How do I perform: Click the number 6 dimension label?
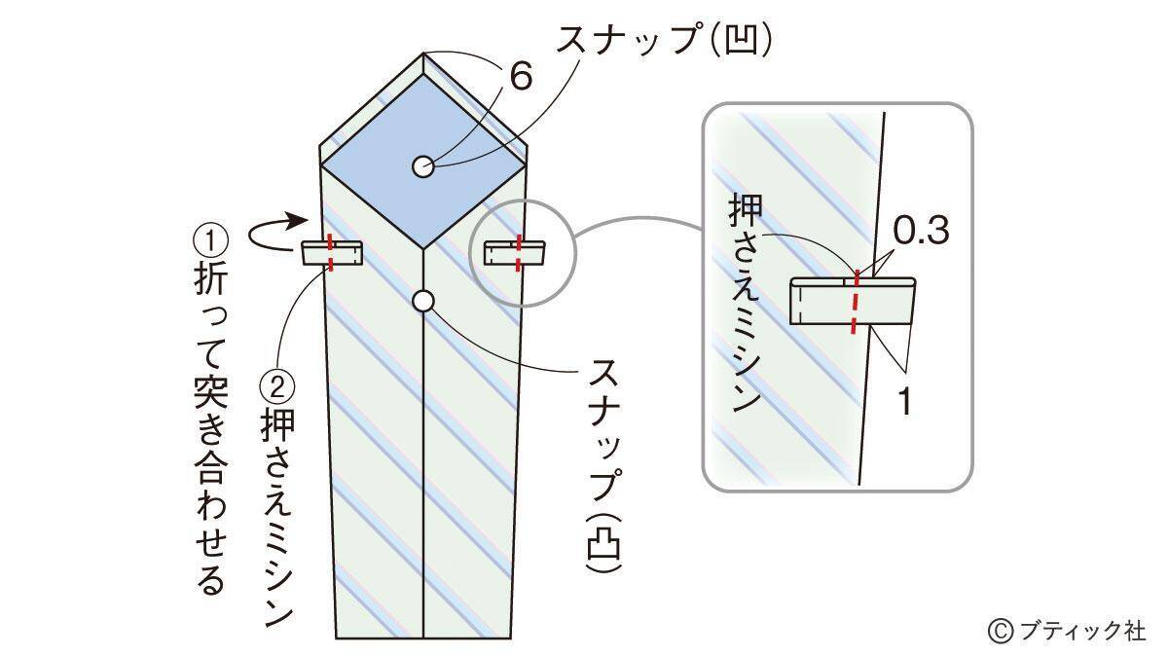coord(520,76)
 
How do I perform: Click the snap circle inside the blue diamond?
coord(422,166)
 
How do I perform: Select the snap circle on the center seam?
coord(422,301)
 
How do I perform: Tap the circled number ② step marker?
coord(278,388)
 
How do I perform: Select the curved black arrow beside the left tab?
coord(272,231)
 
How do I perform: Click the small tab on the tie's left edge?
coord(332,254)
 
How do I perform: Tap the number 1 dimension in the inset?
coord(904,401)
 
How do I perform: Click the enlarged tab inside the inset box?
coord(853,301)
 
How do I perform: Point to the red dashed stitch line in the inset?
coord(856,302)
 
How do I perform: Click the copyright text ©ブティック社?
coord(1067,630)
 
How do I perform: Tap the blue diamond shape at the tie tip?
coord(422,161)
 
